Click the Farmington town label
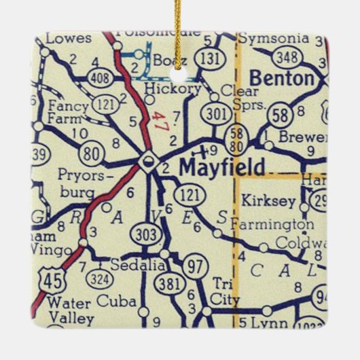(x=272, y=223)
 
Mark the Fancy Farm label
(x=64, y=112)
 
